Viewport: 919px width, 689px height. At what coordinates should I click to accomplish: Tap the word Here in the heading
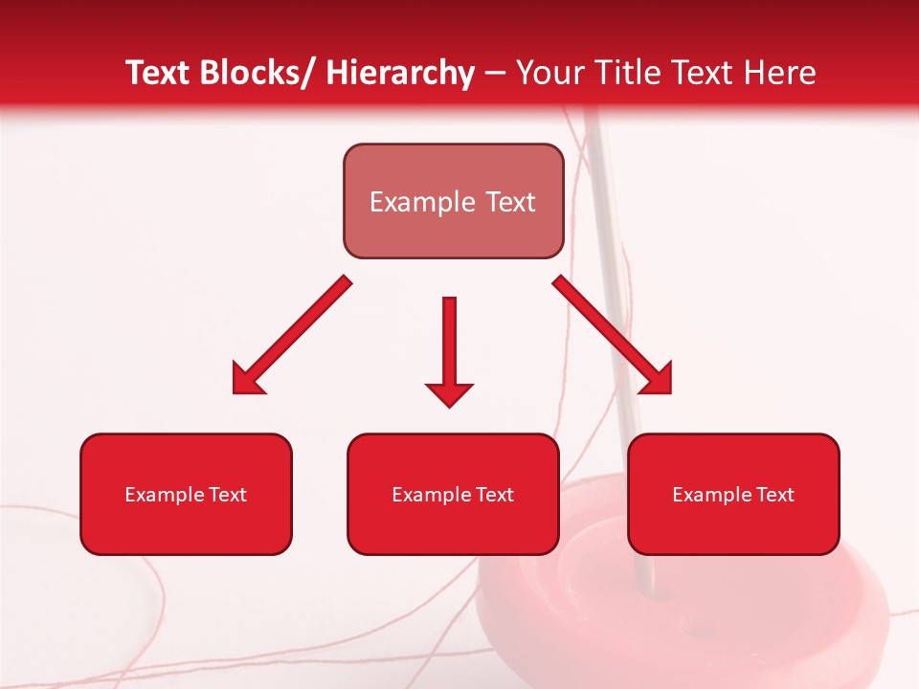(780, 73)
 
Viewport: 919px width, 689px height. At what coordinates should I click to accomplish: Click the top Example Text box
(453, 201)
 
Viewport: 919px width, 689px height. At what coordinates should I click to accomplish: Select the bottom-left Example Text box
(186, 494)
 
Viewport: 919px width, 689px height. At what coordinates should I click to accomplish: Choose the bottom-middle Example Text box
(453, 494)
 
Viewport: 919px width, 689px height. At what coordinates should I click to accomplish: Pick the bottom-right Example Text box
(733, 494)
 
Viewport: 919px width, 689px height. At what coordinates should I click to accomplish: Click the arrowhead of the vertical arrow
(449, 393)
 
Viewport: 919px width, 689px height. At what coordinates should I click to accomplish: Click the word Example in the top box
(422, 202)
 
